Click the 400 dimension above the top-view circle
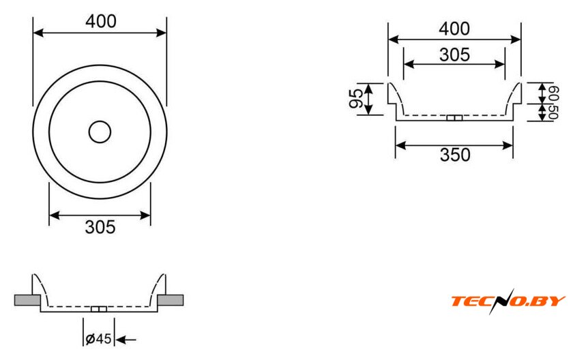click(101, 21)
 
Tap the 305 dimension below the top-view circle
click(100, 227)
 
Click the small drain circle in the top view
click(100, 132)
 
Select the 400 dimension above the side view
click(454, 29)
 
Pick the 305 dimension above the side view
click(454, 55)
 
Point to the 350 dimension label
click(455, 155)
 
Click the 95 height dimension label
click(356, 99)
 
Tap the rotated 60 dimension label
click(553, 93)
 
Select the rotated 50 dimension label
click(553, 111)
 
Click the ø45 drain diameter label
click(98, 338)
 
